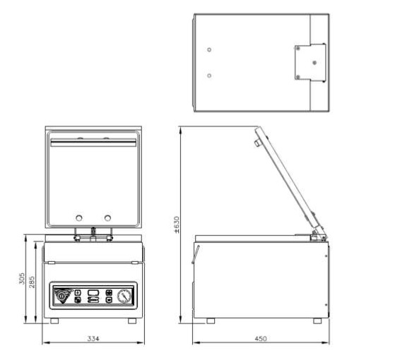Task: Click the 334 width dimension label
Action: (x=93, y=339)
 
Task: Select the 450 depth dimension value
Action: (x=261, y=339)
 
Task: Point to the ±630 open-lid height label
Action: (x=177, y=224)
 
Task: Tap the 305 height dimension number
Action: (x=22, y=279)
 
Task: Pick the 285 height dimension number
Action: (x=32, y=282)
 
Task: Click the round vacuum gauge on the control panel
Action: (x=124, y=296)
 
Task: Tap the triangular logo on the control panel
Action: (x=62, y=296)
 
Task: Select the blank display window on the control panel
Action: (x=93, y=292)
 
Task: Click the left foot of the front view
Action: (x=54, y=321)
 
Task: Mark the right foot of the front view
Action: (x=132, y=321)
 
